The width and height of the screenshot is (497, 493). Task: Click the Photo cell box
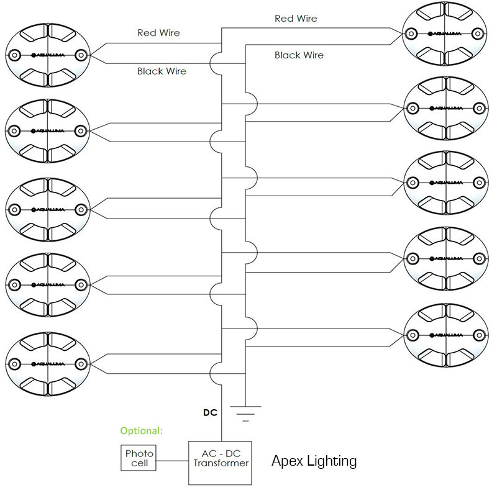click(x=139, y=458)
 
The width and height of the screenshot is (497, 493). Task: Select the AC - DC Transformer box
click(x=221, y=463)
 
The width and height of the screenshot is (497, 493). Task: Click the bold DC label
click(x=209, y=412)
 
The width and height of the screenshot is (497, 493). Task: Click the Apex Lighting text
click(x=314, y=461)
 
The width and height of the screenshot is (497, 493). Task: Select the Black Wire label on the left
click(x=162, y=71)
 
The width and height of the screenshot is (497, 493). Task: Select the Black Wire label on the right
click(x=299, y=55)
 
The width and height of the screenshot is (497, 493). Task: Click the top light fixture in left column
click(x=47, y=55)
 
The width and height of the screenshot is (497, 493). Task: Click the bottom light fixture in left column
click(x=47, y=362)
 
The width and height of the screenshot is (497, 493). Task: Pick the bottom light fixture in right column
click(x=445, y=333)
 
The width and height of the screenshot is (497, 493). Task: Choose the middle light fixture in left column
click(x=47, y=208)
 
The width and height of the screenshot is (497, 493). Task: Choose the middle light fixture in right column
click(x=445, y=183)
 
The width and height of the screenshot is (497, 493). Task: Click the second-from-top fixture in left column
click(x=47, y=131)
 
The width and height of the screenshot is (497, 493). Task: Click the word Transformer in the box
click(x=221, y=463)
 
